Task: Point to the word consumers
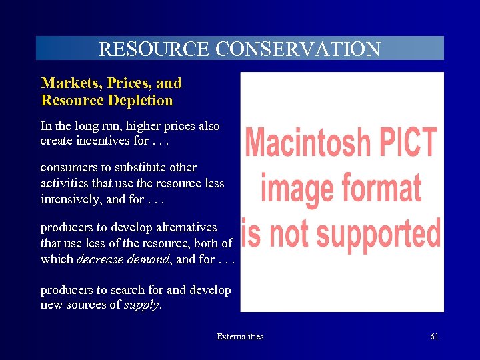(x=65, y=167)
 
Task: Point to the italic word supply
(x=141, y=305)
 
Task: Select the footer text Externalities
(x=240, y=337)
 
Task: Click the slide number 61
(x=434, y=337)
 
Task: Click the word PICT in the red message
(x=408, y=142)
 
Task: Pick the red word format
(x=383, y=187)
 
